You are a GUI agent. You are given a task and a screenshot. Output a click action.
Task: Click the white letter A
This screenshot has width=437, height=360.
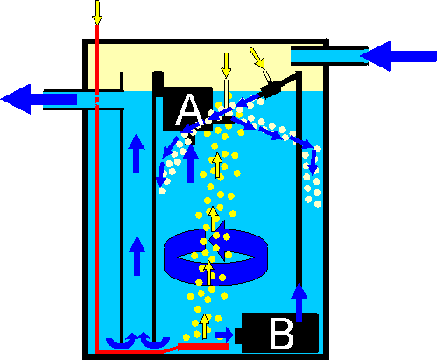(189, 109)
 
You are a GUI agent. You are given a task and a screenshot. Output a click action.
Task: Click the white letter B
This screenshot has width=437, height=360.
(282, 334)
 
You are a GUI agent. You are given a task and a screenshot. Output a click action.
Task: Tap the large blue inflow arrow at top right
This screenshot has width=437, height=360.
(398, 56)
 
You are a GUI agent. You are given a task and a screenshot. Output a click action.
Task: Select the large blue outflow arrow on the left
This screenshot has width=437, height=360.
(39, 99)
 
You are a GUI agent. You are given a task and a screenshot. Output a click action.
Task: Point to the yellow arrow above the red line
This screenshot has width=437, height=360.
(97, 12)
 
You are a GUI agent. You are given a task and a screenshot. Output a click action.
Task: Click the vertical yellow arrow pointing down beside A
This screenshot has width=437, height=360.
(226, 66)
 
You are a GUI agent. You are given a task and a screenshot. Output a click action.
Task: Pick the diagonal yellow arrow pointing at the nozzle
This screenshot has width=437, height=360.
(257, 59)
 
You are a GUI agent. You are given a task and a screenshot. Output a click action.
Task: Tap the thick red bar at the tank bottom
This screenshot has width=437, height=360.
(203, 347)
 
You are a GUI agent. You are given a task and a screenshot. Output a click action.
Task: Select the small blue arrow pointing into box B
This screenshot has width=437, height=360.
(224, 335)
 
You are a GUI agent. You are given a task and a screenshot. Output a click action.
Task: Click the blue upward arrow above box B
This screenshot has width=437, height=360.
(300, 302)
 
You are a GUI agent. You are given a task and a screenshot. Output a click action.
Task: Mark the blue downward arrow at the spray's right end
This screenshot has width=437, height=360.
(313, 162)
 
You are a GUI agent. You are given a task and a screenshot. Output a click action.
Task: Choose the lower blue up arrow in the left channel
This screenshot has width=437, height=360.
(137, 256)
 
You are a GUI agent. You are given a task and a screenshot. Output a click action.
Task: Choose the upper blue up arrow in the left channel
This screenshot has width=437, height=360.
(137, 153)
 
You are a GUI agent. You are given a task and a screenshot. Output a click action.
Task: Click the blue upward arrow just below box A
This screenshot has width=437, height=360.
(190, 164)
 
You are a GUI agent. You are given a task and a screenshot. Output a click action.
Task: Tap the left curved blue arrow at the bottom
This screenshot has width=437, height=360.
(121, 341)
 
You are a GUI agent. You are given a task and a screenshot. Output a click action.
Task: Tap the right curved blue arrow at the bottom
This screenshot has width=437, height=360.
(155, 341)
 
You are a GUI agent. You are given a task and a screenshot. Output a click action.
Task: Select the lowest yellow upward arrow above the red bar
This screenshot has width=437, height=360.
(205, 326)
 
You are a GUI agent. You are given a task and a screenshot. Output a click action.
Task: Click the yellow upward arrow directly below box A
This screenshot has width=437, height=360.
(217, 166)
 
